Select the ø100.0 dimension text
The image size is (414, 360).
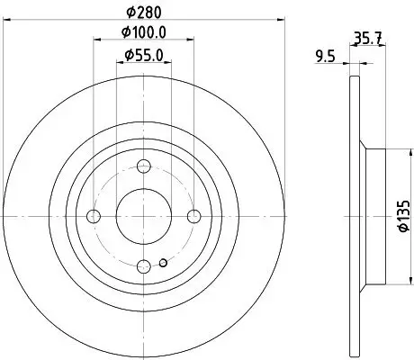tap(146, 33)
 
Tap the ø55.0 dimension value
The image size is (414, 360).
tap(145, 57)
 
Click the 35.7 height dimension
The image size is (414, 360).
tap(364, 39)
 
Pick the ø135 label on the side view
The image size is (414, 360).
tap(399, 217)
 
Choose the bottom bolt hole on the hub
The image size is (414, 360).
tap(145, 265)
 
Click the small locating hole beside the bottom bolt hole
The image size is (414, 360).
tap(161, 263)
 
